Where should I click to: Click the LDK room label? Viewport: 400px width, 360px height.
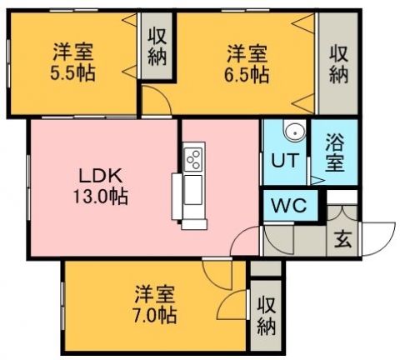click(101, 176)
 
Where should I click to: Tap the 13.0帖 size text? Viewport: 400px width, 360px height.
click(101, 197)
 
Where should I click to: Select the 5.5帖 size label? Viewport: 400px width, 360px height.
click(72, 73)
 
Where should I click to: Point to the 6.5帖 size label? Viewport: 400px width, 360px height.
click(247, 74)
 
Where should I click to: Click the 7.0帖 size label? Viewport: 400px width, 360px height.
click(155, 315)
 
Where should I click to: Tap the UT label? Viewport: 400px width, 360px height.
click(285, 160)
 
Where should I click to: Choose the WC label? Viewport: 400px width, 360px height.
click(289, 206)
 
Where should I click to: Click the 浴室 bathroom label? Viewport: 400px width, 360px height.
click(335, 152)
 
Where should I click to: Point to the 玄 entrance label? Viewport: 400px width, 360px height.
click(343, 239)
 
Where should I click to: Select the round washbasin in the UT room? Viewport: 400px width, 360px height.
click(294, 132)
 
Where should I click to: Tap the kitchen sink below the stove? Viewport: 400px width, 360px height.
click(193, 190)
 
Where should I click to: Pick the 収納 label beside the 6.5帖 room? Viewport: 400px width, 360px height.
click(339, 65)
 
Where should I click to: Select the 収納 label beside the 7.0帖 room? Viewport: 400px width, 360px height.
click(266, 316)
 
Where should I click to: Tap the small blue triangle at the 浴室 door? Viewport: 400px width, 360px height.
click(317, 181)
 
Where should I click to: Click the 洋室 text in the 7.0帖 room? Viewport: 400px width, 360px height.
click(155, 295)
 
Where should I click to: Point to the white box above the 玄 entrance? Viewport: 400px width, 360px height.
click(342, 197)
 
